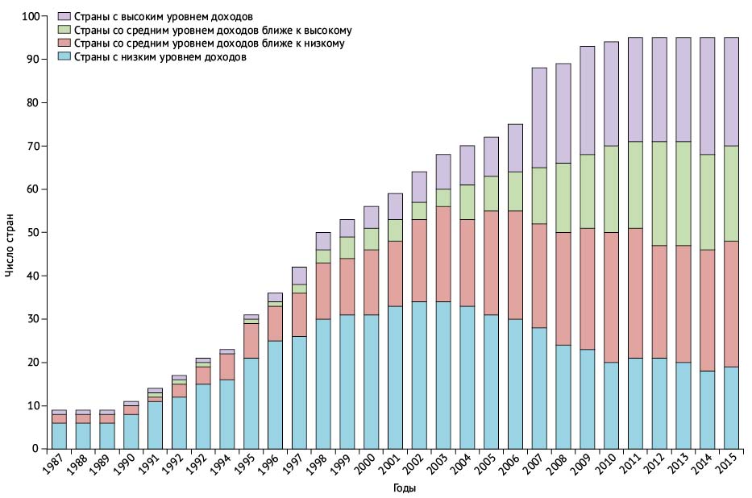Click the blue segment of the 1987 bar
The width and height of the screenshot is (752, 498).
[59, 435]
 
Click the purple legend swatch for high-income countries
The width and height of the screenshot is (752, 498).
[64, 16]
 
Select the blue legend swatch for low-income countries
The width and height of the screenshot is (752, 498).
[64, 57]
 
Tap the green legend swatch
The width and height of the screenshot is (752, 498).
[64, 30]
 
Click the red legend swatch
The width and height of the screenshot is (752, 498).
[64, 44]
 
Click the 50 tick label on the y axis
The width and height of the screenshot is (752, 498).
[33, 232]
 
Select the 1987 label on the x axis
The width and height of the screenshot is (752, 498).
[56, 467]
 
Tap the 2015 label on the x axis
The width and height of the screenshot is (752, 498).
[729, 467]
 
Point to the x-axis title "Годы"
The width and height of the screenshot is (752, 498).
[405, 488]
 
